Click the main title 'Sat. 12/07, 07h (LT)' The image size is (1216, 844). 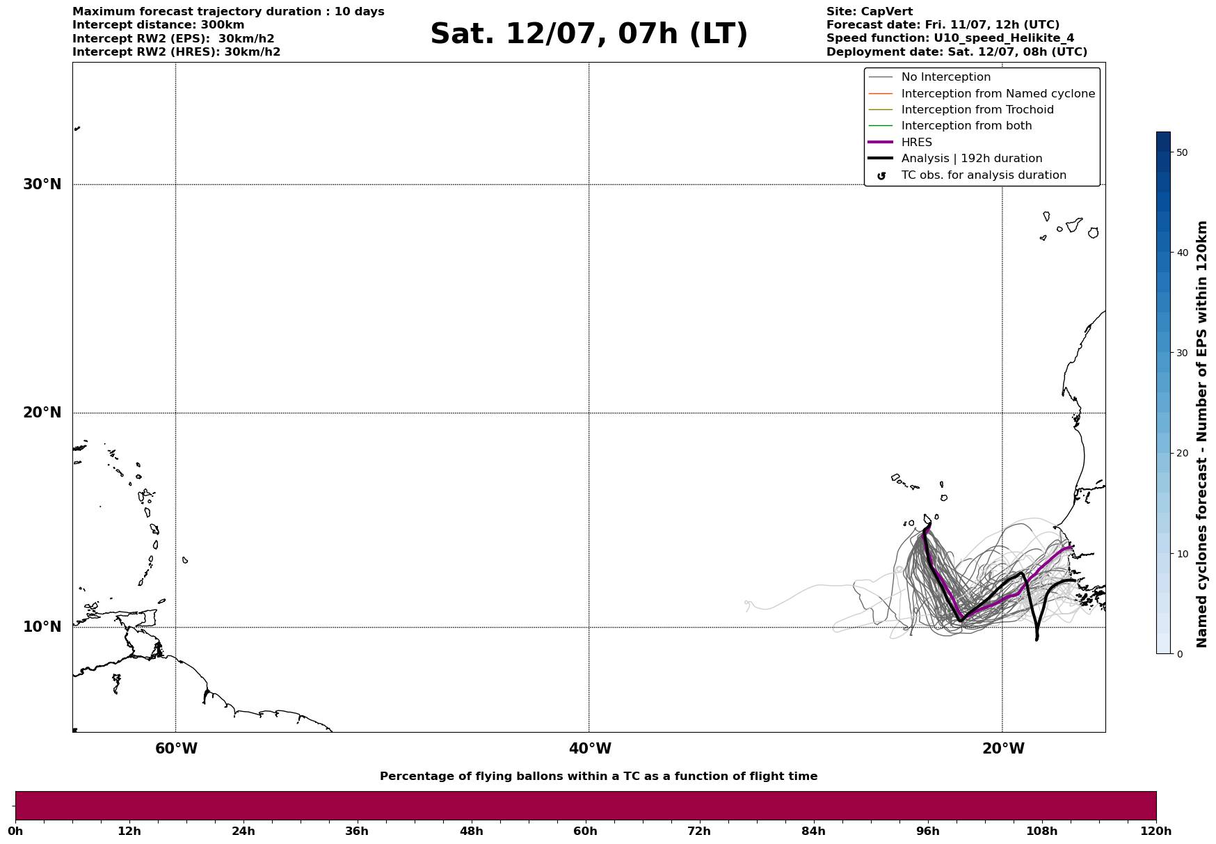589,34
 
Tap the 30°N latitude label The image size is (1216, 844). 42,184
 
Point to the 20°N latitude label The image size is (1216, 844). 42,413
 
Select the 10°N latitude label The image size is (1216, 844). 42,627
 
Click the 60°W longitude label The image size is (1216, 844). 176,749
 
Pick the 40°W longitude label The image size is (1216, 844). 590,749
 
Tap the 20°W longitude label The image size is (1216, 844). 1003,749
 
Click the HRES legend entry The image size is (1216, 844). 916,143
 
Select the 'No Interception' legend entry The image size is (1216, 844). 945,77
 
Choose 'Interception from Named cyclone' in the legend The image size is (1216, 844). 998,94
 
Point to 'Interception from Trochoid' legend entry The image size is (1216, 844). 977,110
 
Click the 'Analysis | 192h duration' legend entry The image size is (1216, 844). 971,159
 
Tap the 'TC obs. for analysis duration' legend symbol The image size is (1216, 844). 881,175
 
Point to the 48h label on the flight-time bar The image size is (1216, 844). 471,831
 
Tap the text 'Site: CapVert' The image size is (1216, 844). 870,12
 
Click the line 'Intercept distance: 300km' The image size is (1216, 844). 158,25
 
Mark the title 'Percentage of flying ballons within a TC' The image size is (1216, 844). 598,777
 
